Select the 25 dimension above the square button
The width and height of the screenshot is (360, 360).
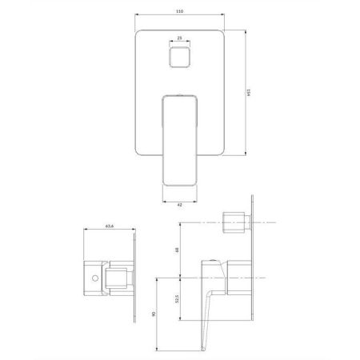[179, 37]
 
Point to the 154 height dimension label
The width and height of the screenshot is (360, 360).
[249, 94]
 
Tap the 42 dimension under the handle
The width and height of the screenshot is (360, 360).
[179, 206]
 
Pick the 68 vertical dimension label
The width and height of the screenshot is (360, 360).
[178, 250]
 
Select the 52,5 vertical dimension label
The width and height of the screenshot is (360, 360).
[178, 302]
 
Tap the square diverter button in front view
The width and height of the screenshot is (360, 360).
[179, 58]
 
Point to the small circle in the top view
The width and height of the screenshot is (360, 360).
[94, 278]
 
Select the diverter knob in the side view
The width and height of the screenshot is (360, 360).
[234, 222]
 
